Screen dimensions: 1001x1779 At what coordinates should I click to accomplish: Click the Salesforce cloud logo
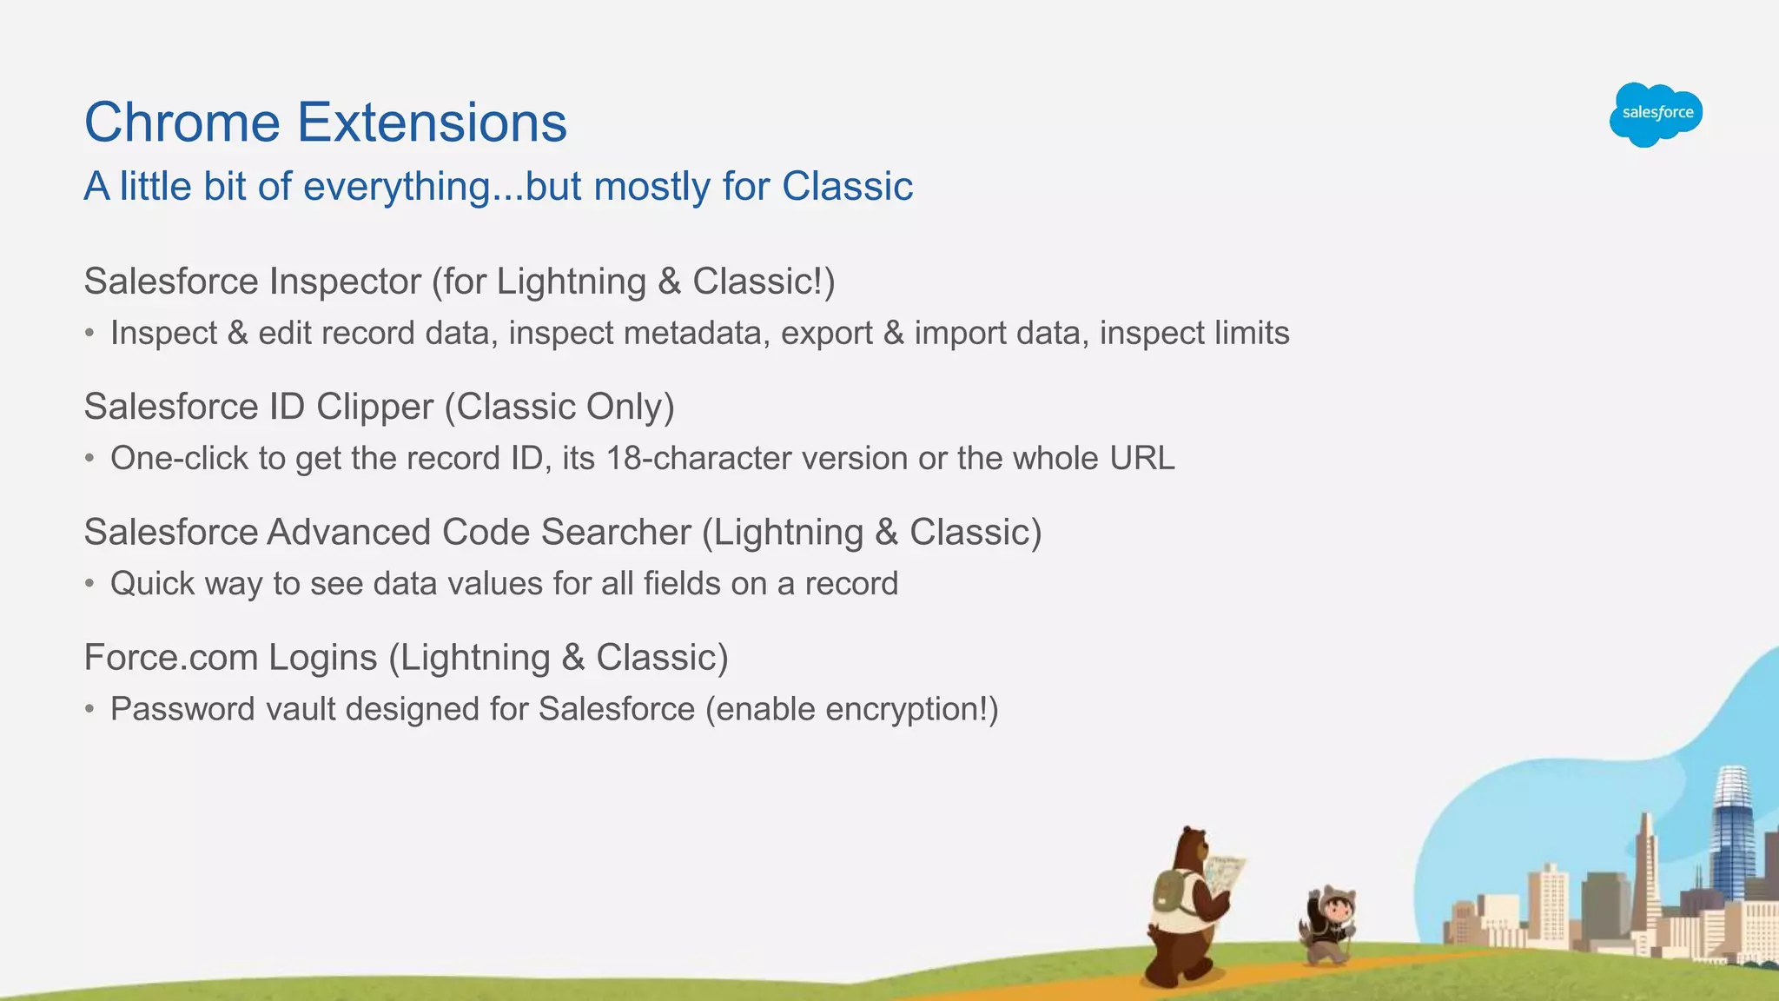click(x=1655, y=114)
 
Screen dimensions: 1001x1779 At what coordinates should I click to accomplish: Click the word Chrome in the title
click(x=182, y=123)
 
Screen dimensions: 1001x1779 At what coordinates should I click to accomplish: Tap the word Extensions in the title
click(x=432, y=123)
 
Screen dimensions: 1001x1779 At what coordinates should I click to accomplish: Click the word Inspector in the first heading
click(x=345, y=282)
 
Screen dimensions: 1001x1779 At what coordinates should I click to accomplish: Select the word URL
click(x=1141, y=459)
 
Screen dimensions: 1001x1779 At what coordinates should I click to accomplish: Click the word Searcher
click(x=628, y=533)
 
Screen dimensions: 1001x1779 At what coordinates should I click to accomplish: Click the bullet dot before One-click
click(x=89, y=459)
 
